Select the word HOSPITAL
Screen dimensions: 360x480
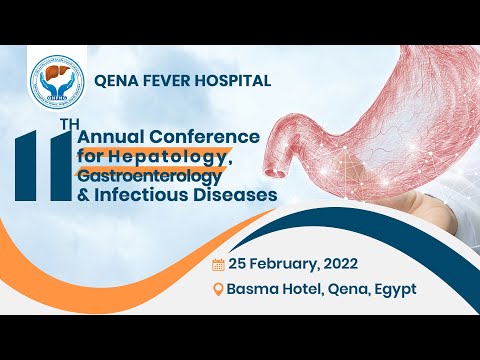pyautogui.click(x=236, y=81)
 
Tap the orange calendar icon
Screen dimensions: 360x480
pyautogui.click(x=218, y=265)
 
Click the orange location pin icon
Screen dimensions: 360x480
pyautogui.click(x=218, y=290)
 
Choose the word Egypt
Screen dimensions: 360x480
pyautogui.click(x=392, y=290)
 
